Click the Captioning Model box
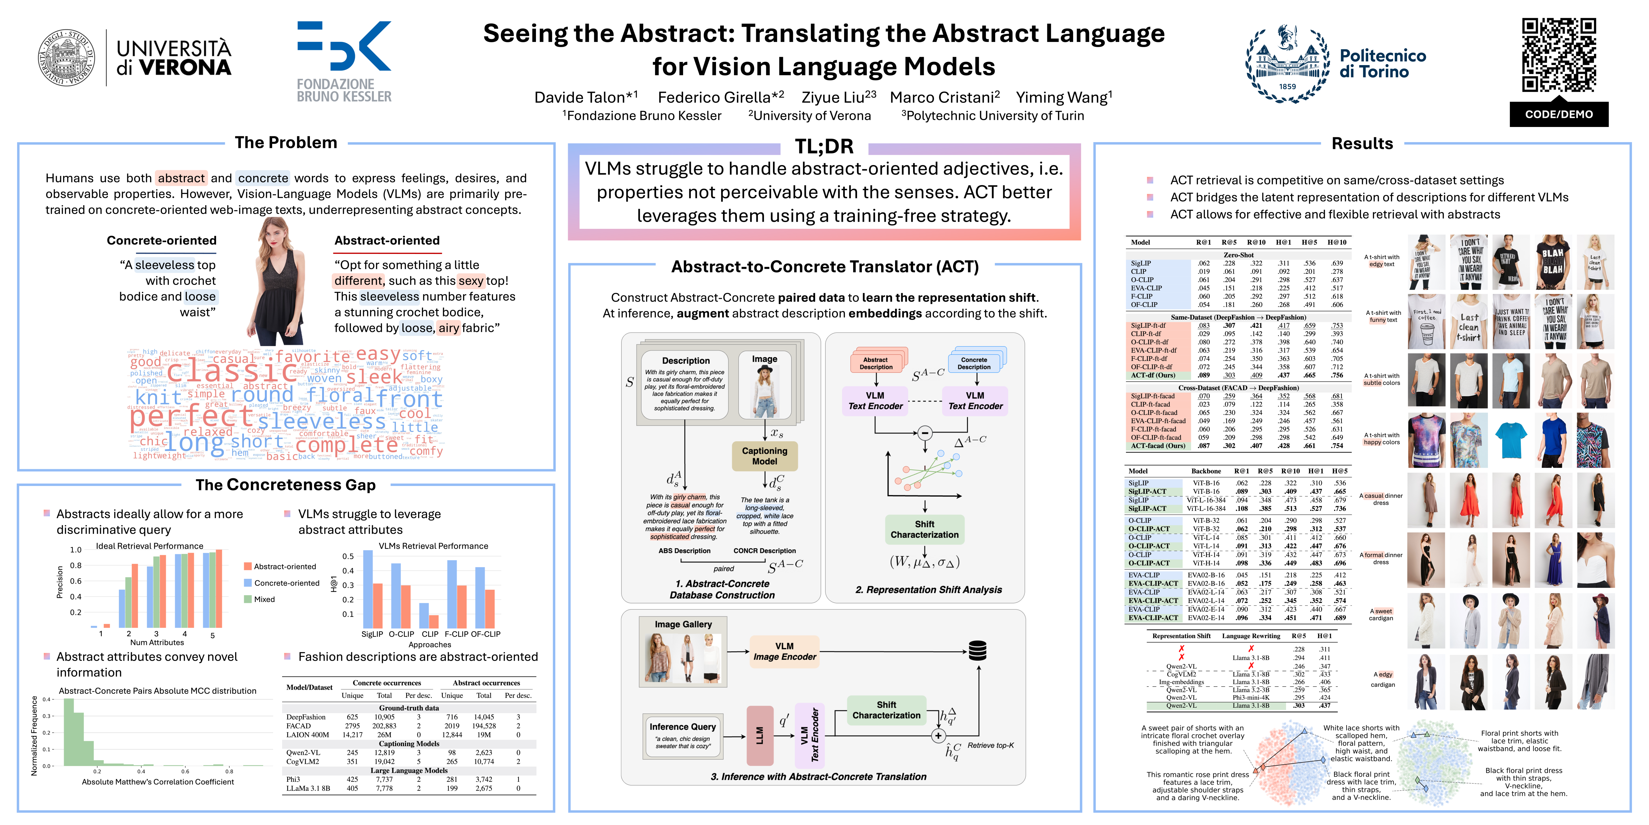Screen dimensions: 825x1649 pos(764,455)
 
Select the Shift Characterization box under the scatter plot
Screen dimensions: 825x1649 pos(924,529)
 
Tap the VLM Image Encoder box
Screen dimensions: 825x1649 pos(784,651)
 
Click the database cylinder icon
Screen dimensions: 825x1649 pos(977,651)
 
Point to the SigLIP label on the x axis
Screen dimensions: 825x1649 pos(372,634)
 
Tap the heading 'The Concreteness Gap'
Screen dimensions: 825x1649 pos(285,485)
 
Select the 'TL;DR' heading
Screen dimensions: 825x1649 pos(824,147)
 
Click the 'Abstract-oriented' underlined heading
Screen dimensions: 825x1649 pos(386,241)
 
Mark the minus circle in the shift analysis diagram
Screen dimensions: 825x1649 pos(924,433)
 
